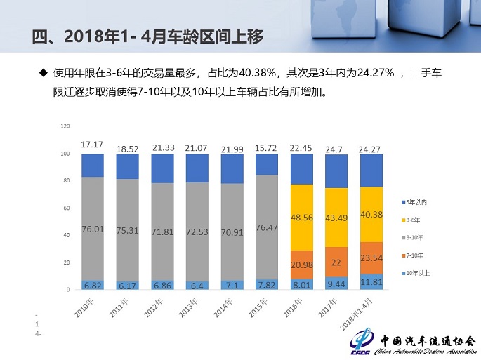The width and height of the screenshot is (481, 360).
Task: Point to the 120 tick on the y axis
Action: point(66,126)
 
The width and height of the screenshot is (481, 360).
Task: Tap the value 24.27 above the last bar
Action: point(371,149)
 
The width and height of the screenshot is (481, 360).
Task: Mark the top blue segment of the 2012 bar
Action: point(162,168)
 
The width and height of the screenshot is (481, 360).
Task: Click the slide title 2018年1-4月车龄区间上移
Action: point(147,36)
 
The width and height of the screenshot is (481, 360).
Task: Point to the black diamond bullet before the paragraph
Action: point(43,72)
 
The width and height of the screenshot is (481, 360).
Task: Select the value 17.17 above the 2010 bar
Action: point(92,145)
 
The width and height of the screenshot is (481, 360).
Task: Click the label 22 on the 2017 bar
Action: point(336,262)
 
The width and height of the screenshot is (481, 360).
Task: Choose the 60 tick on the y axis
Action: point(66,208)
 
